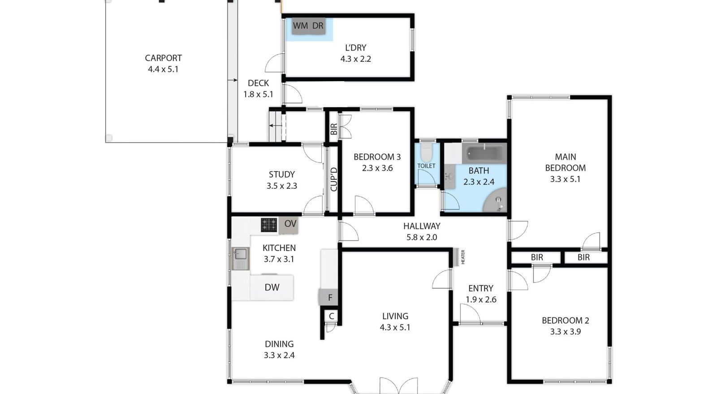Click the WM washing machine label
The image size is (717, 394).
pyautogui.click(x=300, y=26)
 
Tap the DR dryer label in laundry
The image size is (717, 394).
pyautogui.click(x=318, y=26)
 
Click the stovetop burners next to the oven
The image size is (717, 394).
pyautogui.click(x=269, y=225)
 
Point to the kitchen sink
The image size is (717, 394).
pyautogui.click(x=241, y=258)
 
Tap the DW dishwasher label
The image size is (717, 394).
pyautogui.click(x=272, y=287)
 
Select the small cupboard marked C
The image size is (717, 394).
pyautogui.click(x=331, y=316)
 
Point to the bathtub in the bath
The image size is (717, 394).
pyautogui.click(x=484, y=153)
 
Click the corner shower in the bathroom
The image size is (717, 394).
pyautogui.click(x=497, y=201)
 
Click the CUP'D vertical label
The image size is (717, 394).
pyautogui.click(x=333, y=179)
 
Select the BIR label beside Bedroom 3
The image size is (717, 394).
pyautogui.click(x=333, y=129)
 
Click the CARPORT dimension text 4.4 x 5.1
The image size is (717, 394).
pyautogui.click(x=163, y=69)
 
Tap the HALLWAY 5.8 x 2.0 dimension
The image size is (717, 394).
pyautogui.click(x=421, y=237)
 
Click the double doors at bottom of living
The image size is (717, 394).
pyautogui.click(x=398, y=385)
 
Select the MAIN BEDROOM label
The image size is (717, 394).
pyautogui.click(x=565, y=162)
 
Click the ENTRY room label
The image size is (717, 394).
pyautogui.click(x=480, y=288)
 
